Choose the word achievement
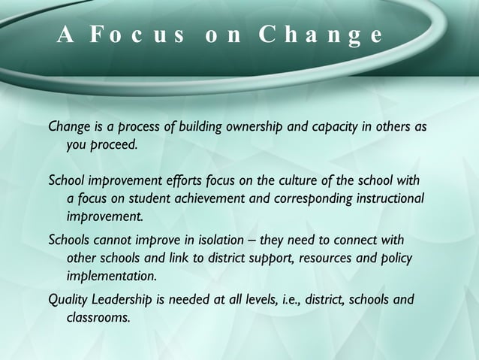pos(212,199)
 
